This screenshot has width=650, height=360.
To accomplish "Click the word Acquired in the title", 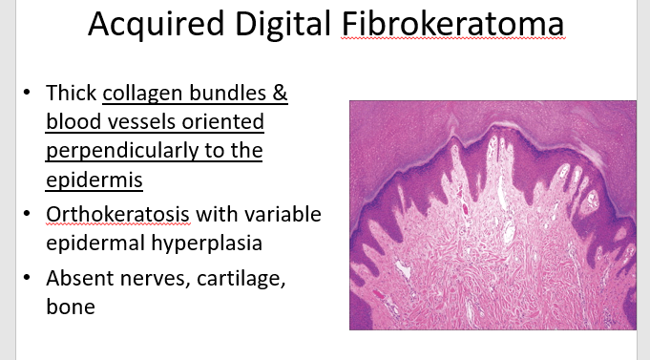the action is tap(156, 25).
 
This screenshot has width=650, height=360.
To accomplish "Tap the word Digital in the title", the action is tap(283, 25).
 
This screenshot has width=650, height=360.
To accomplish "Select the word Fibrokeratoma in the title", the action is tap(452, 23).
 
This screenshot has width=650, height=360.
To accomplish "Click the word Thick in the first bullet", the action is tap(72, 93).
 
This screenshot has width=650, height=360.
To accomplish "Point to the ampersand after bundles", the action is tap(280, 93).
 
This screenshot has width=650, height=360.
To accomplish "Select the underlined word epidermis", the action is tap(94, 180).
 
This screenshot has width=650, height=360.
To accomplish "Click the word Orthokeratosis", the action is tap(118, 215).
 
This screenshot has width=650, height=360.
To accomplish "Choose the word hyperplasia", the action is tap(206, 244).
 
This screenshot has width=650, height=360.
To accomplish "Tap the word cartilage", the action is tap(241, 279).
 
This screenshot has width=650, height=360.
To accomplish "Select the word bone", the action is tap(71, 307).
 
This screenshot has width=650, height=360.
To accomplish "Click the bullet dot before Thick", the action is tap(27, 92).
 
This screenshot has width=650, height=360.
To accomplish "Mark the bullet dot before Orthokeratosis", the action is tap(27, 214).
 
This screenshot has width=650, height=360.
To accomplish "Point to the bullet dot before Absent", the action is tap(27, 278).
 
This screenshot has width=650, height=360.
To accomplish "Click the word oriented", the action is tap(223, 121).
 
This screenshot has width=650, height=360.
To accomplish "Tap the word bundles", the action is tap(227, 93).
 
